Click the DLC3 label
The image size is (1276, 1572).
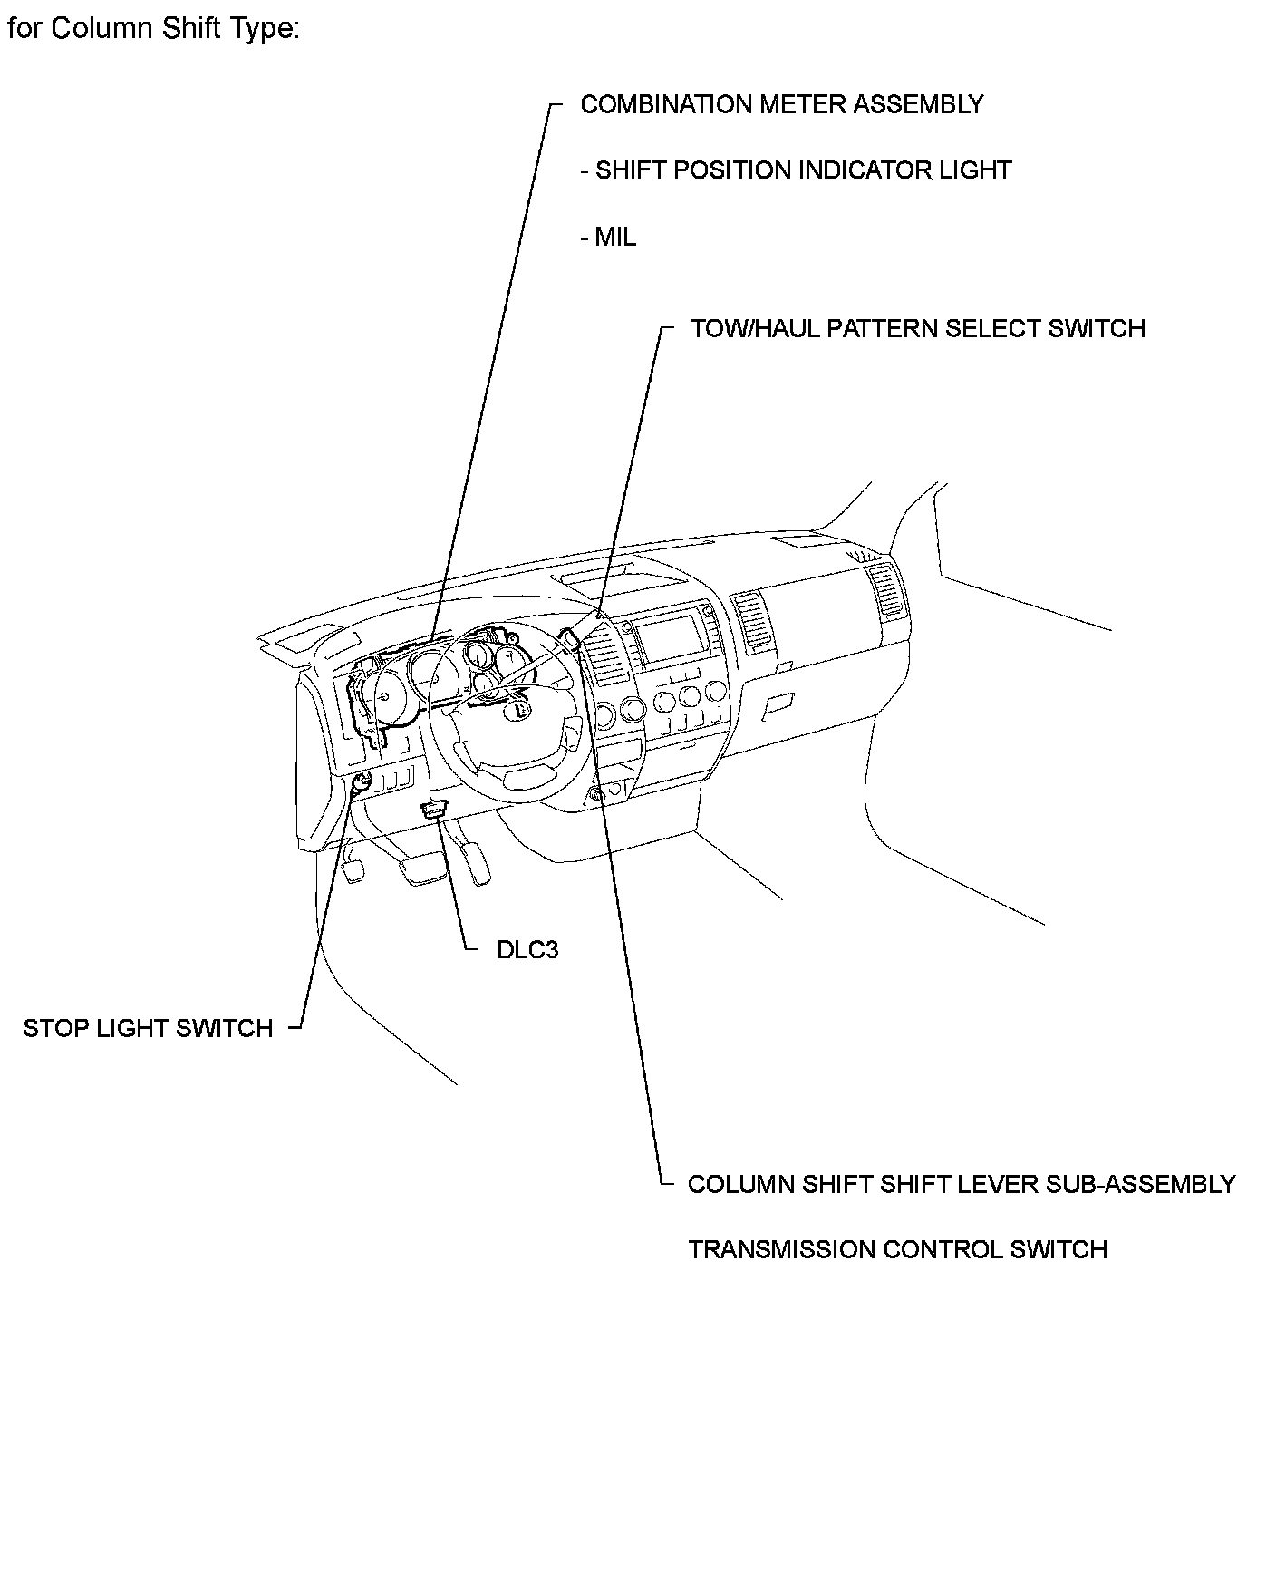point(527,949)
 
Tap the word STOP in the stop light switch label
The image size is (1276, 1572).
point(53,1028)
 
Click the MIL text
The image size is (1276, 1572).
point(615,237)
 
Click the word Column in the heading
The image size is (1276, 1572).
point(101,29)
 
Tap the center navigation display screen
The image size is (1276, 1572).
point(667,639)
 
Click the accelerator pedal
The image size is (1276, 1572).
point(478,861)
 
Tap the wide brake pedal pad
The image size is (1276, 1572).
point(420,870)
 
